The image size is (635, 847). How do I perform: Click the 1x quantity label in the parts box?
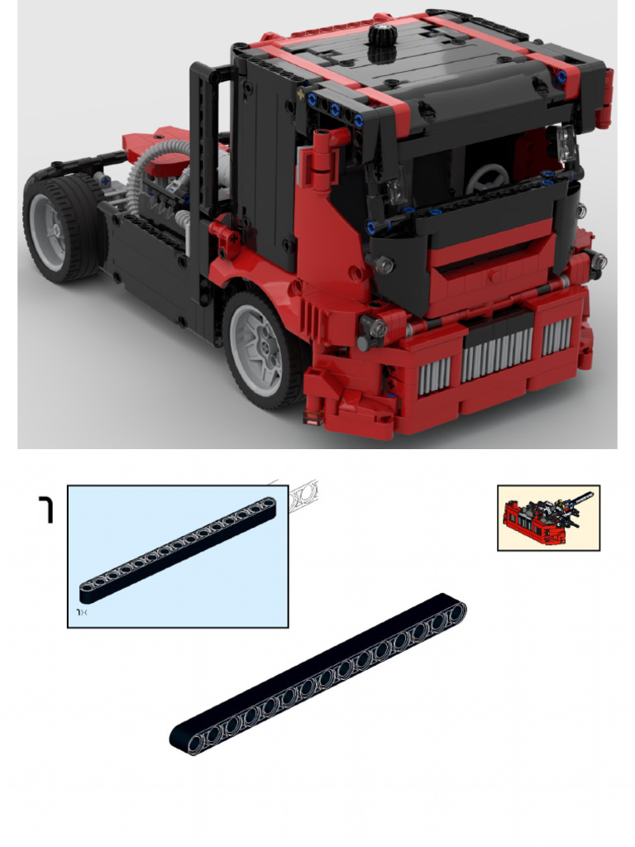(x=83, y=612)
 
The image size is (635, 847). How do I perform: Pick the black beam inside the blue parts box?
(x=178, y=550)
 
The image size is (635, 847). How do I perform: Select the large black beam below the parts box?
(x=318, y=674)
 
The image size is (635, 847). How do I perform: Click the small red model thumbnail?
(x=547, y=517)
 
